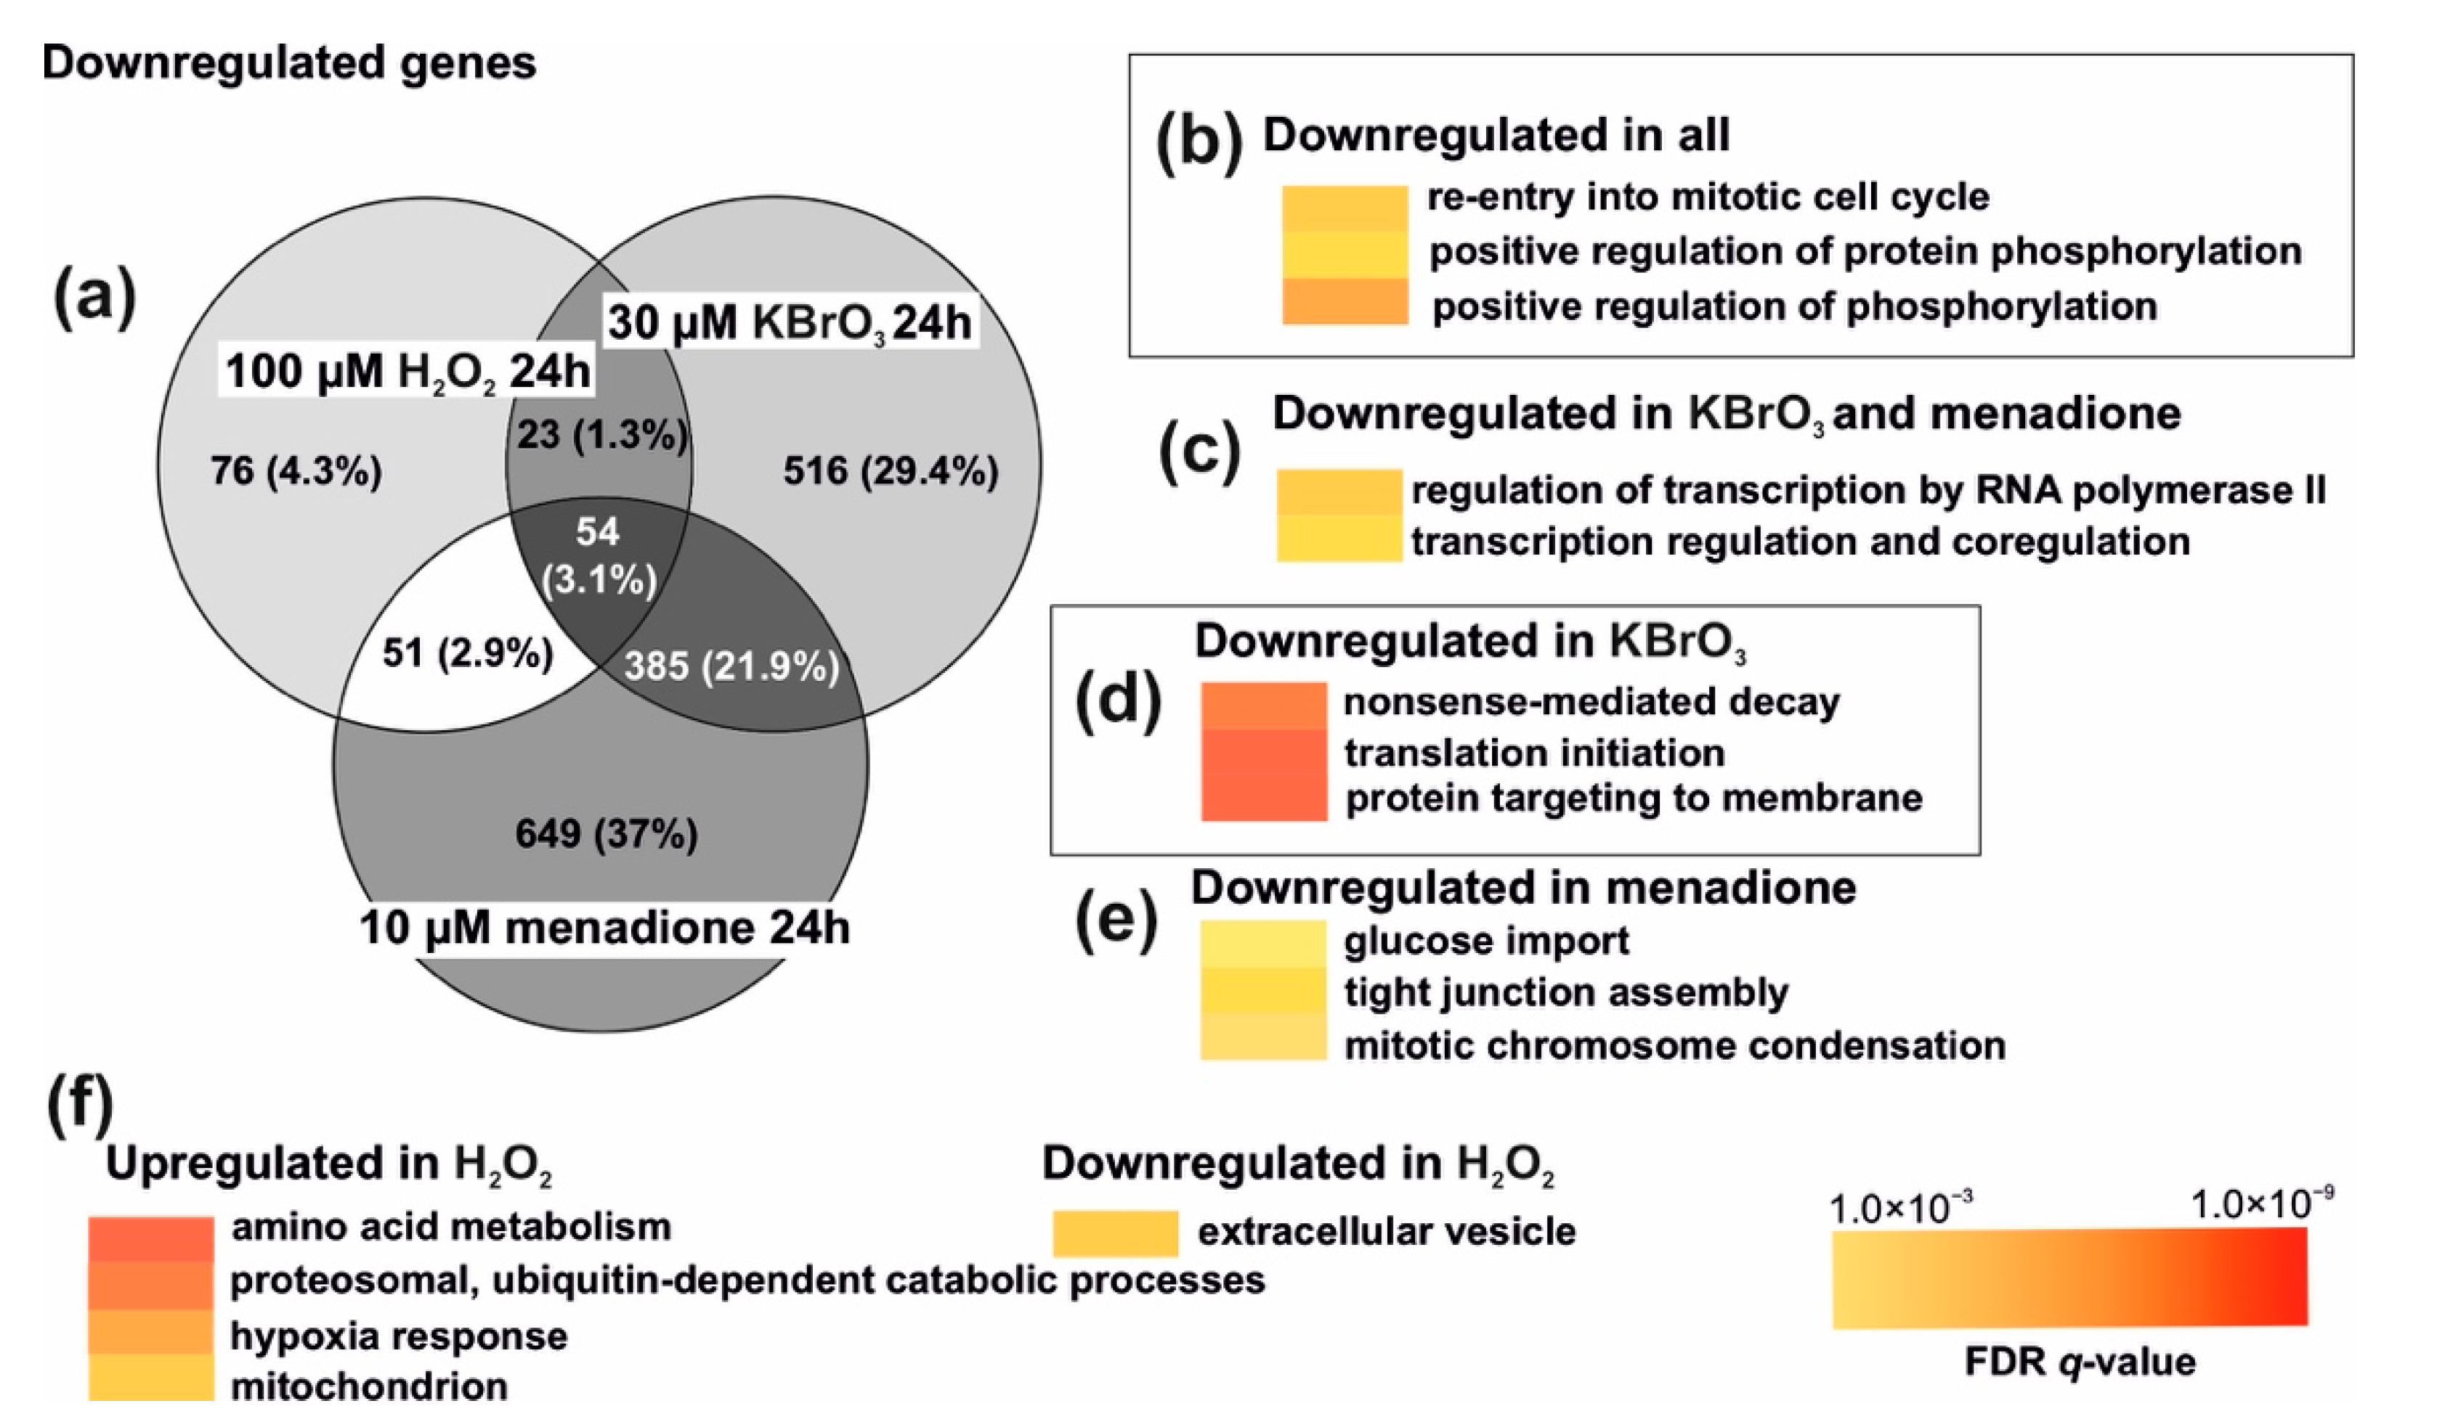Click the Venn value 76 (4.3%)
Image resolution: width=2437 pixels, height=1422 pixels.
coord(296,472)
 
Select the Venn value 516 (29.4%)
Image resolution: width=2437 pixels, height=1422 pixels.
coord(890,472)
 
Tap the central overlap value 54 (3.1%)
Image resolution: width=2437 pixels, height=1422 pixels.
coord(598,556)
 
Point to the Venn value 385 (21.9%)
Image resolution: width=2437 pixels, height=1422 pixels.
coord(731,666)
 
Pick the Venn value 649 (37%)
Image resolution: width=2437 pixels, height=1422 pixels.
coord(607,833)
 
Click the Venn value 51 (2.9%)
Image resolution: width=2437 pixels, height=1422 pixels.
coord(467,653)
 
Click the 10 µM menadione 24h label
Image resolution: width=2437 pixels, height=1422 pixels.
coord(604,928)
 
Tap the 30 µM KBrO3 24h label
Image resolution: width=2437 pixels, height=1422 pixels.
coord(789,322)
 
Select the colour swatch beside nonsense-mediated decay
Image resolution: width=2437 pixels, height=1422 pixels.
coord(1263,706)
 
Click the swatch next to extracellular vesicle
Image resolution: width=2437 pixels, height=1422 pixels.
coord(1114,1233)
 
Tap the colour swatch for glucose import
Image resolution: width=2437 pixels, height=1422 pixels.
coord(1263,944)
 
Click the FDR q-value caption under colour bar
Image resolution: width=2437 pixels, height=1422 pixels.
coord(2079,1362)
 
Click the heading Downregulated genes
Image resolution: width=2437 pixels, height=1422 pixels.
coord(288,64)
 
